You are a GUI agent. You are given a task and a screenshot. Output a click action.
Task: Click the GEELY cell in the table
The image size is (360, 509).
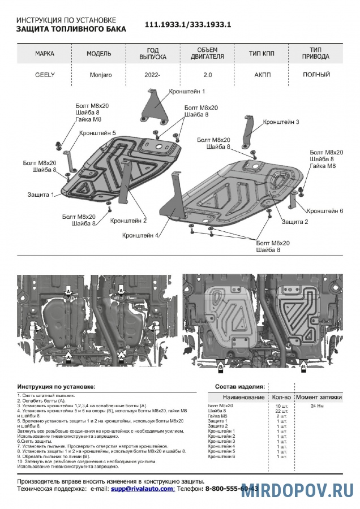click(45, 74)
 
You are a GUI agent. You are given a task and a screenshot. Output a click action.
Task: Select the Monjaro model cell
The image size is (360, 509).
click(102, 74)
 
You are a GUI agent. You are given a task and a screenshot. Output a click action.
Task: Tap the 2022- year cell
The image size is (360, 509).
click(152, 74)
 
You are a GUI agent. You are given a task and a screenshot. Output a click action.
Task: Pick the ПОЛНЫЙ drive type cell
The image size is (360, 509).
click(316, 74)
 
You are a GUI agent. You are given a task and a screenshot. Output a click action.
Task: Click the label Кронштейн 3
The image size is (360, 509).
click(281, 122)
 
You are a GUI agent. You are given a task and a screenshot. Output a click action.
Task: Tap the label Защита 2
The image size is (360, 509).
click(295, 222)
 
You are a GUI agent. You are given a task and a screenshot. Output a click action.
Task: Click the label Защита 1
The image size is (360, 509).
click(41, 195)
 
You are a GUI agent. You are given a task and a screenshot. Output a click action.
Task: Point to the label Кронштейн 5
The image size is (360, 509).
click(97, 133)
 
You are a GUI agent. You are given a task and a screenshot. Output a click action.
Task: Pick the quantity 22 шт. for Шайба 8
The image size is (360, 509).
click(277, 411)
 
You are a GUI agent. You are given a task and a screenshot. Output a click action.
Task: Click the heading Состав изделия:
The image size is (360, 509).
click(239, 386)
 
